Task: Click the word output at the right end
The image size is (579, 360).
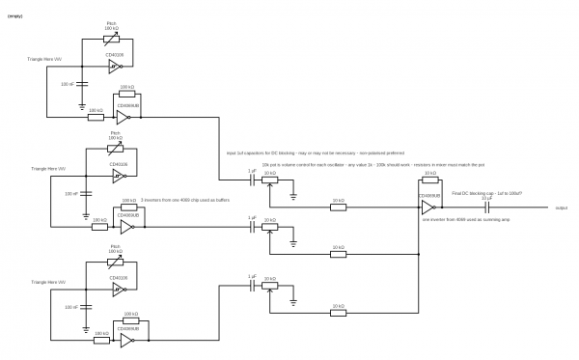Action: (x=561, y=207)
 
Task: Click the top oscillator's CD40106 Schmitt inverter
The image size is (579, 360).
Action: (x=116, y=68)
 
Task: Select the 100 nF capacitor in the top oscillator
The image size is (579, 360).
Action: (x=81, y=85)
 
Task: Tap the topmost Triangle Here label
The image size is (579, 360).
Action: (x=45, y=60)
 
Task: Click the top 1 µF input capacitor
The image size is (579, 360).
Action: (x=252, y=181)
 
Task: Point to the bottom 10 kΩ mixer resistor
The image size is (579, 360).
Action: (x=337, y=312)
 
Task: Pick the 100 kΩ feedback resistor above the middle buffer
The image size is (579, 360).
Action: (x=126, y=210)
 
